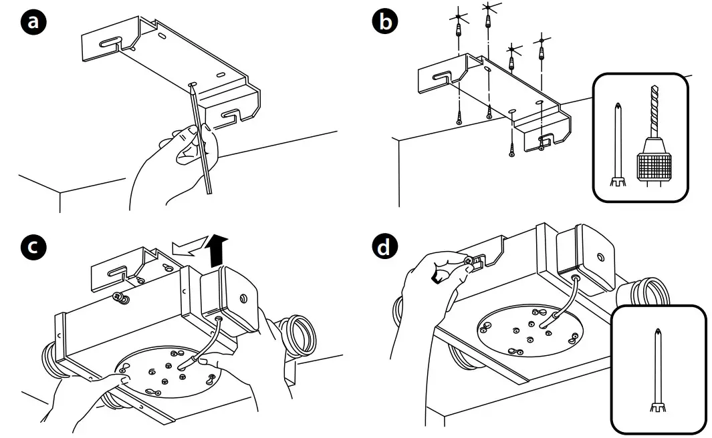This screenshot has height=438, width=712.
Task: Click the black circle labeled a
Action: [33, 22]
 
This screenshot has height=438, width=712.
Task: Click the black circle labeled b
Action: [383, 22]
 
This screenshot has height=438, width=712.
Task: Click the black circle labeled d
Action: [383, 248]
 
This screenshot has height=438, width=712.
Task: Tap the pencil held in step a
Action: [201, 140]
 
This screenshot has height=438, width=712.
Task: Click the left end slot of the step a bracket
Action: [108, 43]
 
